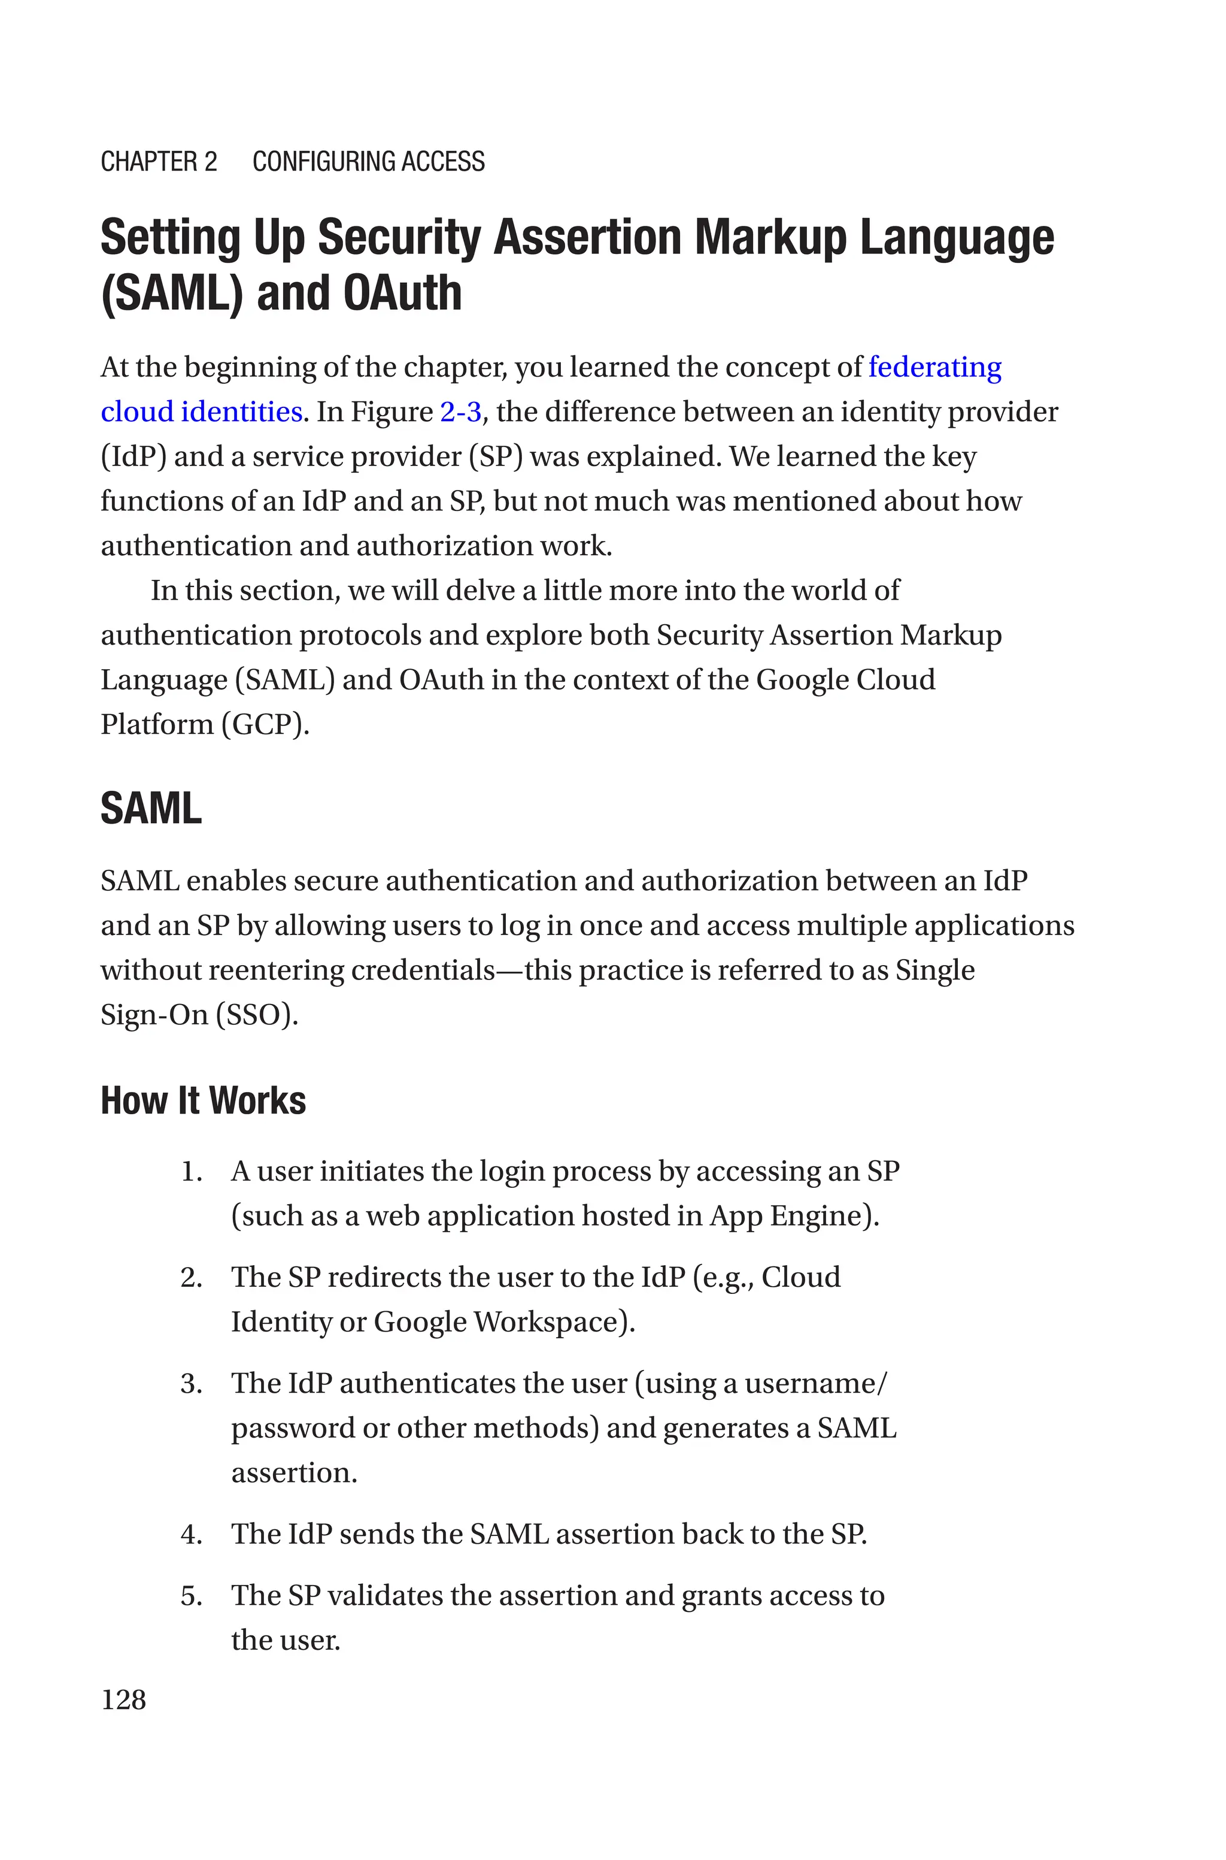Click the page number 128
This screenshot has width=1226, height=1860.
(123, 1699)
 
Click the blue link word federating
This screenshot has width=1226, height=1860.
(934, 367)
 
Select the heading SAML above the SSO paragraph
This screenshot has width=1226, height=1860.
(151, 808)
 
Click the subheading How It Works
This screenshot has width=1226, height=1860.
(204, 1100)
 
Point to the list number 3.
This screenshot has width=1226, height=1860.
(191, 1384)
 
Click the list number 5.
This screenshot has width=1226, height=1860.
(191, 1596)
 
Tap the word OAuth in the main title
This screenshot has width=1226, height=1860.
(402, 292)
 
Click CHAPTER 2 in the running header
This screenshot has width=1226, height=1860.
(159, 161)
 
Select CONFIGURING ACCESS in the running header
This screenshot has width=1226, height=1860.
(368, 161)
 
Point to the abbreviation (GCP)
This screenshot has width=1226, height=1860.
(266, 724)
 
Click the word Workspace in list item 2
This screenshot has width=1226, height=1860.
(554, 1322)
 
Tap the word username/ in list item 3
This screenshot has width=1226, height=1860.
(815, 1384)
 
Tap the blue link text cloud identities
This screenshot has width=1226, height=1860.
(202, 412)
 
